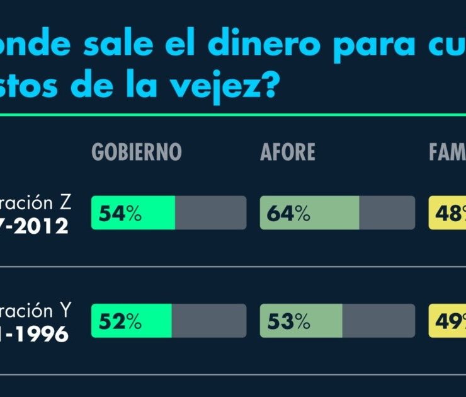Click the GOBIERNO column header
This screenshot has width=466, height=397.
coord(137,152)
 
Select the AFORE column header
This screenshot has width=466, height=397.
coord(287,152)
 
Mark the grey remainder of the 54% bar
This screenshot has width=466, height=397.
coord(210,213)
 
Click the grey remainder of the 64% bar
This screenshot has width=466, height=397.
coord(387,213)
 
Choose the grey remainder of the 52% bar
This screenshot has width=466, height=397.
coord(208,321)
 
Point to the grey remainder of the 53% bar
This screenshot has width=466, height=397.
coord(378,321)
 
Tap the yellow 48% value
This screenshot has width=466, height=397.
coord(448,214)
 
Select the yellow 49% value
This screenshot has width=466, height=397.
coord(448,321)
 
